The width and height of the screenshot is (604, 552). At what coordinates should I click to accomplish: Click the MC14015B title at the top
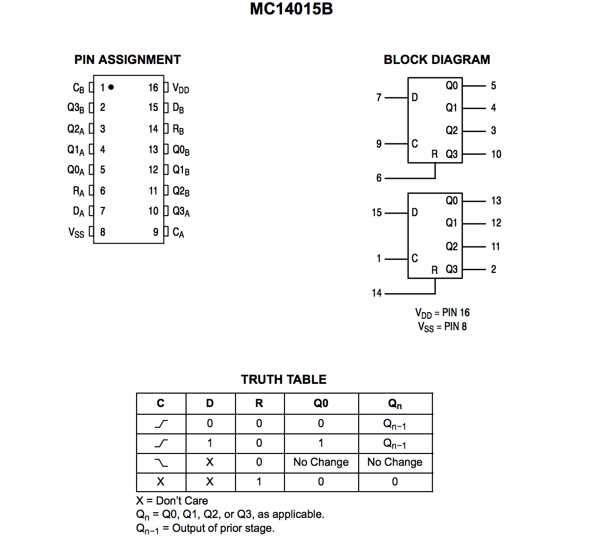click(x=291, y=9)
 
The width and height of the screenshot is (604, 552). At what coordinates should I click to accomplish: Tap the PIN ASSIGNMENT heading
click(x=127, y=60)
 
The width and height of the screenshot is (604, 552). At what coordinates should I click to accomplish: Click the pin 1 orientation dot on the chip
click(x=111, y=87)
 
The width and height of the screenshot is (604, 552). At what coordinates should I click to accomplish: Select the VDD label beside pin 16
click(x=180, y=88)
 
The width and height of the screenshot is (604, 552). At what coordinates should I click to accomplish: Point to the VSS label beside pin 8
click(x=76, y=233)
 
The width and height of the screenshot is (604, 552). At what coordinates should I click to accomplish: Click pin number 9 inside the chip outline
click(x=156, y=232)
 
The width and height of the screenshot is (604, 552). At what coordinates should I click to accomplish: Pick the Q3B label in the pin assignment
click(x=75, y=108)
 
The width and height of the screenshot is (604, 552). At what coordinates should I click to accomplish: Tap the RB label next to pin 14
click(x=178, y=129)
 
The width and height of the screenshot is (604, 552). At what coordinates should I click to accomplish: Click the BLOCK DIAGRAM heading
click(x=437, y=60)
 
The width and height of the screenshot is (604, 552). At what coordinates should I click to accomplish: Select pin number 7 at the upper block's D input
click(x=379, y=98)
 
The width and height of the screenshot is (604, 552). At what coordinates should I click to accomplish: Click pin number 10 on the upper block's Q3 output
click(x=496, y=154)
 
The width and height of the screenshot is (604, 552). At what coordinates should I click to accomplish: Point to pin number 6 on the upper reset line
click(x=379, y=178)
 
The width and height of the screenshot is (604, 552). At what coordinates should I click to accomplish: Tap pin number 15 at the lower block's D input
click(x=377, y=213)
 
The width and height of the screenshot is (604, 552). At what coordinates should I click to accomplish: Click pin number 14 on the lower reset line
click(x=377, y=293)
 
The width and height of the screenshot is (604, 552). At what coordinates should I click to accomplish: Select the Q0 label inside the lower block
click(x=451, y=201)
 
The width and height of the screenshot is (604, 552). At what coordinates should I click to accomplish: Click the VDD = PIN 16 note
click(x=442, y=313)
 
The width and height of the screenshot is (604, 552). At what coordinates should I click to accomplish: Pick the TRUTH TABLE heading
click(x=283, y=380)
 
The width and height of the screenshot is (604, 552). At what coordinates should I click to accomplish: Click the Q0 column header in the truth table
click(x=321, y=403)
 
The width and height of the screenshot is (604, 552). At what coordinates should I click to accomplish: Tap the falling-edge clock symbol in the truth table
click(x=161, y=463)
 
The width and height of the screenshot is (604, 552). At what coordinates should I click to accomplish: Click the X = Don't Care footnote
click(x=172, y=500)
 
